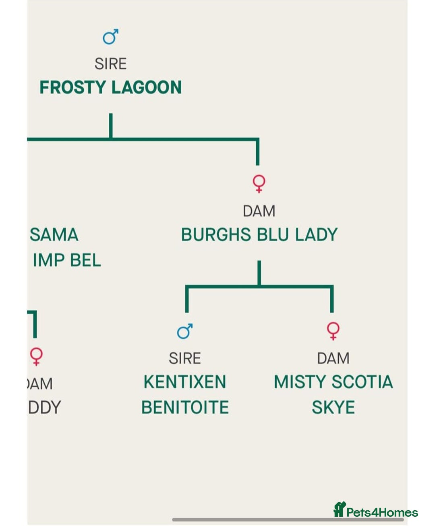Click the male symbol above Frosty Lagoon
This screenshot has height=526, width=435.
[110, 37]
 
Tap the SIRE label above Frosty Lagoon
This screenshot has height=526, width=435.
[110, 64]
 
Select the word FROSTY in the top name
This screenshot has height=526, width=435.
[72, 87]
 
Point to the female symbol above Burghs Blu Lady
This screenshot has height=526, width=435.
[259, 184]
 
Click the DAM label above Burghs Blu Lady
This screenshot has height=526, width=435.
[259, 211]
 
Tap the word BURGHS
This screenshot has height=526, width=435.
[216, 235]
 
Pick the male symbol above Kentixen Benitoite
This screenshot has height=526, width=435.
[185, 331]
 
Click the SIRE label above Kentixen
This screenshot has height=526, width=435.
[185, 358]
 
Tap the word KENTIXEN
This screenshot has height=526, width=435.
[185, 382]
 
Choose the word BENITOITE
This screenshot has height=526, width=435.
[185, 408]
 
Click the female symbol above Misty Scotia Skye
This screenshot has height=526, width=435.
[333, 331]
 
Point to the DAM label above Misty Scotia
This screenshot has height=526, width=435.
[333, 358]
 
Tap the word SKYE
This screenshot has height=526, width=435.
[333, 408]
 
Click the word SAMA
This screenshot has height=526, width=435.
[54, 235]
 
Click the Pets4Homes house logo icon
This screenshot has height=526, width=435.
[340, 509]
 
